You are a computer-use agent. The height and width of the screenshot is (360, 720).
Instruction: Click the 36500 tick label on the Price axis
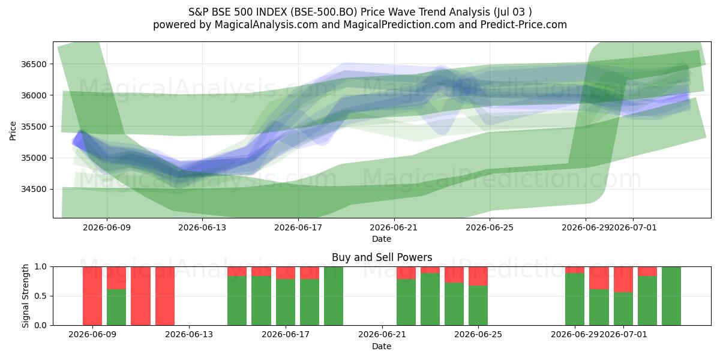(34, 64)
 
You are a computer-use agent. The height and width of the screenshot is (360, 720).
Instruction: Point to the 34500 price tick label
(34, 189)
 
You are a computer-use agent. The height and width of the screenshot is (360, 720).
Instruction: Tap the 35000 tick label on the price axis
(34, 158)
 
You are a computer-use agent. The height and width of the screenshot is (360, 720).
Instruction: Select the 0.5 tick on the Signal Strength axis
(41, 296)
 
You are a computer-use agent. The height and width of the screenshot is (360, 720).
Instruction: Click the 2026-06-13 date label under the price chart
(202, 227)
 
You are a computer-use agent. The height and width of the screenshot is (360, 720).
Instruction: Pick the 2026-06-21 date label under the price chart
(394, 227)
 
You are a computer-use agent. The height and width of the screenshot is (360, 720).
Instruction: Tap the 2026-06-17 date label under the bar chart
(286, 334)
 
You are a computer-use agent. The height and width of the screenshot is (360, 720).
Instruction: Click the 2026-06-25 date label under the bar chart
(478, 334)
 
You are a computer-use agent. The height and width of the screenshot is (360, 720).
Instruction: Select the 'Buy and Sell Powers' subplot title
(382, 257)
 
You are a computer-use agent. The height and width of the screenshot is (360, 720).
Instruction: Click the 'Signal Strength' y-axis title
(25, 296)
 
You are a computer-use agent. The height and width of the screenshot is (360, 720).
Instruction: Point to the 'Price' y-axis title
(13, 131)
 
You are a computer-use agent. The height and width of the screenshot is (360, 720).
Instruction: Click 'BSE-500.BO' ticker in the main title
(324, 12)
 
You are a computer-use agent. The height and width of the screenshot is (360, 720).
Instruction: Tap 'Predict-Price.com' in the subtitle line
(524, 25)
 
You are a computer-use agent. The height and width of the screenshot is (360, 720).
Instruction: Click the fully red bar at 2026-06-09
(92, 296)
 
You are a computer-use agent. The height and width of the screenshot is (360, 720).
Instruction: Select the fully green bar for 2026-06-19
(334, 296)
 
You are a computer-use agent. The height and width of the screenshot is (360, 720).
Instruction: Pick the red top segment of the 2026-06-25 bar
(478, 276)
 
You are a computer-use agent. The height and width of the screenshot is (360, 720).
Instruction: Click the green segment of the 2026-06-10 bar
(116, 307)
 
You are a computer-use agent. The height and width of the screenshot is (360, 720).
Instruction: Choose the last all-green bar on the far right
(671, 296)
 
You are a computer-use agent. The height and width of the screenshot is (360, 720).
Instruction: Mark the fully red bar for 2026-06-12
(165, 296)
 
